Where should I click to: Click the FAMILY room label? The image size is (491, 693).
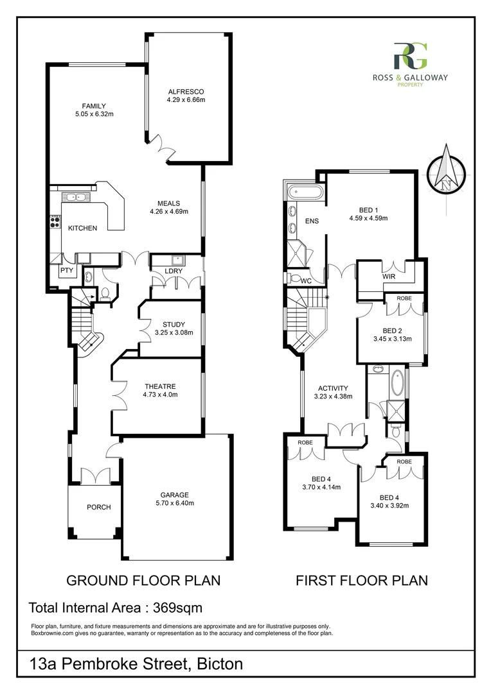pos(93,106)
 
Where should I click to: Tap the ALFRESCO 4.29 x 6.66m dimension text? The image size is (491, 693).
pos(186,100)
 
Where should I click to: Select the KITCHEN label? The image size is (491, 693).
pos(82,228)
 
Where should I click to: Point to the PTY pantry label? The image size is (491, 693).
pos(66,271)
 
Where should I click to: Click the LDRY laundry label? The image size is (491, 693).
pos(174,271)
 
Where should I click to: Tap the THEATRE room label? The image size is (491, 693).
pos(161,386)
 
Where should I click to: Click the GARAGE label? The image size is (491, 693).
pos(174,495)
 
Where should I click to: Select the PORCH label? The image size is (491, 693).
pos(98,507)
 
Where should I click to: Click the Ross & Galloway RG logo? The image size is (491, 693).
pos(409,56)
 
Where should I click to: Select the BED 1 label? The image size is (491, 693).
pos(368,209)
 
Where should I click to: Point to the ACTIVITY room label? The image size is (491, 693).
pos(333,388)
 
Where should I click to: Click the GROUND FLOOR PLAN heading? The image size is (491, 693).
pos(144,581)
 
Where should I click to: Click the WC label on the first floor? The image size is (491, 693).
pos(305,280)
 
